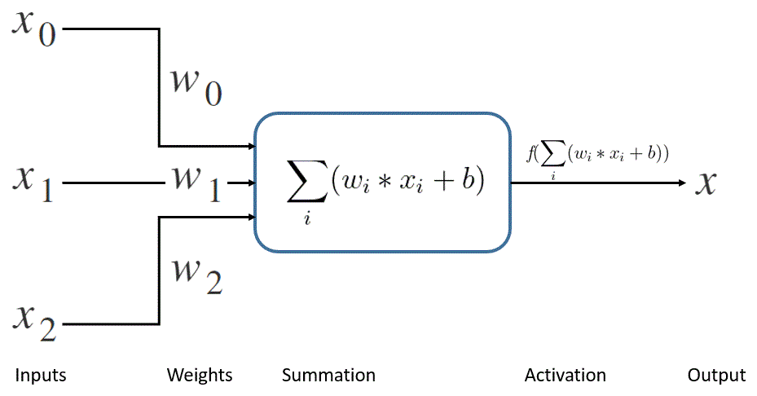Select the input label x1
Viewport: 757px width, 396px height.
[x=33, y=183]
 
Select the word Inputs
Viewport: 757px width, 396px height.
[x=41, y=376]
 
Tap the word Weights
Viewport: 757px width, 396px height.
[x=200, y=376]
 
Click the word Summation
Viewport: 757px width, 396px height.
[x=328, y=376]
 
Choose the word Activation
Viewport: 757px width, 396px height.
[x=565, y=376]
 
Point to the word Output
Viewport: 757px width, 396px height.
[x=716, y=376]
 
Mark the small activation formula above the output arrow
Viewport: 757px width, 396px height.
[x=597, y=154]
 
